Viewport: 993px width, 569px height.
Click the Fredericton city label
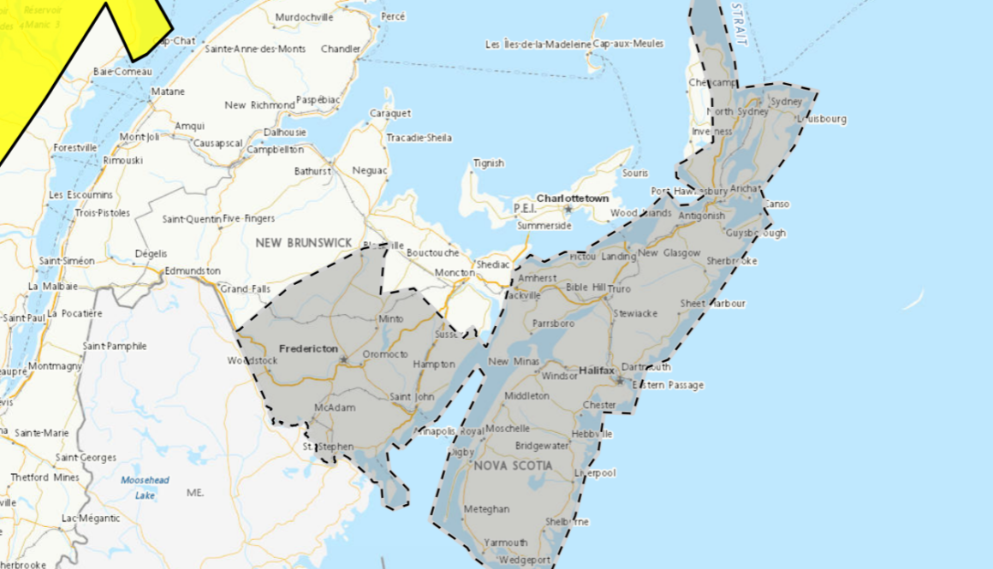(308, 349)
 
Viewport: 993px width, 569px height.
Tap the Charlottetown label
(573, 199)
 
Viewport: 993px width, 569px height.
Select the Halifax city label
(597, 370)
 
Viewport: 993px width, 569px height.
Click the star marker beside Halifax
(620, 380)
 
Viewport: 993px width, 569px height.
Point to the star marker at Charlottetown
(568, 209)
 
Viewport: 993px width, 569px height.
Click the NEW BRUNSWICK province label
(303, 243)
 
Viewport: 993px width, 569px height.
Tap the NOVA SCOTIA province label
(513, 465)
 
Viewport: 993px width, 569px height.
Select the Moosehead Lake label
(138, 487)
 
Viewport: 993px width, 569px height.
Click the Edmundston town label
(193, 271)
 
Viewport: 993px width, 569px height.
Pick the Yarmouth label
(505, 542)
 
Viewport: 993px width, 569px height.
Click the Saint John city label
(412, 397)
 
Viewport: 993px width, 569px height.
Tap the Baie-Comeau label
(116, 72)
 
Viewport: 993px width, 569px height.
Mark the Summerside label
(544, 226)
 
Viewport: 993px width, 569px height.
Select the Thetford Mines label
(45, 477)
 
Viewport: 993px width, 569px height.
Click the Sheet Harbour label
(712, 304)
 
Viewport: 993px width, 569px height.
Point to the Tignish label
(489, 163)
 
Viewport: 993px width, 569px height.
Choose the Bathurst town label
(312, 171)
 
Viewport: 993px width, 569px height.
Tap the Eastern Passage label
(668, 385)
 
